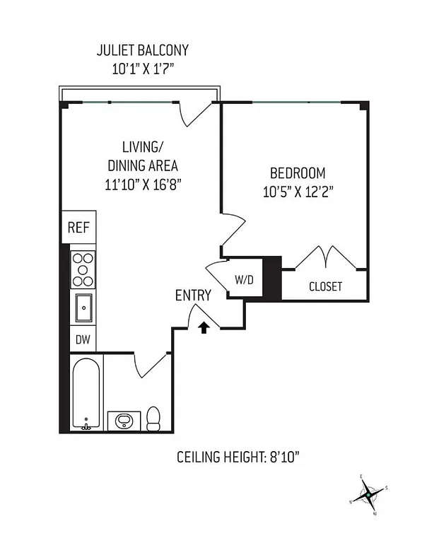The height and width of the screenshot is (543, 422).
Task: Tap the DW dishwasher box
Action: pyautogui.click(x=83, y=340)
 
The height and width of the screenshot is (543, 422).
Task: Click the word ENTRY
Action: pyautogui.click(x=193, y=296)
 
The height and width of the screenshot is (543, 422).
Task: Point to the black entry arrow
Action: pyautogui.click(x=204, y=327)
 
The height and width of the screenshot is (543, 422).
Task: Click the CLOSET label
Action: pyautogui.click(x=325, y=286)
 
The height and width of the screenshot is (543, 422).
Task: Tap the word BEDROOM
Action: pyautogui.click(x=297, y=173)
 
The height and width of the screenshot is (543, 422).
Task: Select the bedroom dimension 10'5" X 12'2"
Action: pyautogui.click(x=297, y=190)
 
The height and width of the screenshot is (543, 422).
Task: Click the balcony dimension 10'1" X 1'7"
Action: pyautogui.click(x=142, y=69)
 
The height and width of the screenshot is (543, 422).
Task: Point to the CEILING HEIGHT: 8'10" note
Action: pyautogui.click(x=238, y=457)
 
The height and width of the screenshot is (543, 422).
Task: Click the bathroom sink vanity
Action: pyautogui.click(x=124, y=420)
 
